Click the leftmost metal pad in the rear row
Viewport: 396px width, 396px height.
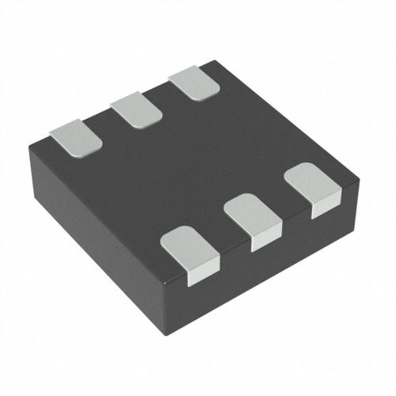tap(76, 136)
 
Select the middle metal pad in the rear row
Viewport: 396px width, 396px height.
tap(136, 111)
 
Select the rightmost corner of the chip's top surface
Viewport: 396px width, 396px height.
tap(358, 181)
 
